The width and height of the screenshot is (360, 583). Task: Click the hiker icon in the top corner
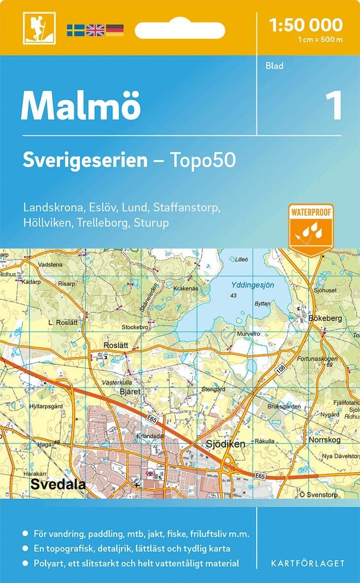[x=39, y=28]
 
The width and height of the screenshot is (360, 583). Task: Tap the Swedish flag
[x=76, y=30]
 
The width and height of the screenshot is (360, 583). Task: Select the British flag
[x=95, y=30]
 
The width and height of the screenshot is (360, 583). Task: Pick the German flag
[x=115, y=30]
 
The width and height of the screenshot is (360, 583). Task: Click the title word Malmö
[x=81, y=106]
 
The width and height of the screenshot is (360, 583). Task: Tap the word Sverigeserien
[x=85, y=160]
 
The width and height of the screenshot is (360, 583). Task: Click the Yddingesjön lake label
[x=253, y=285]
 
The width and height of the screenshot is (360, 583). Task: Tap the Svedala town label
[x=58, y=484]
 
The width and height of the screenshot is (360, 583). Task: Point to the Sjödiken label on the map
[x=225, y=444]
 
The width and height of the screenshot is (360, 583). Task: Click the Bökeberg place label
[x=325, y=319]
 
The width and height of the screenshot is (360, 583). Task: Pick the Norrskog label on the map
[x=325, y=440]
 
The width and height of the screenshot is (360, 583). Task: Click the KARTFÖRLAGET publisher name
[x=308, y=563]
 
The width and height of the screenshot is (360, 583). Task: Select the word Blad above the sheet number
[x=274, y=65]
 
